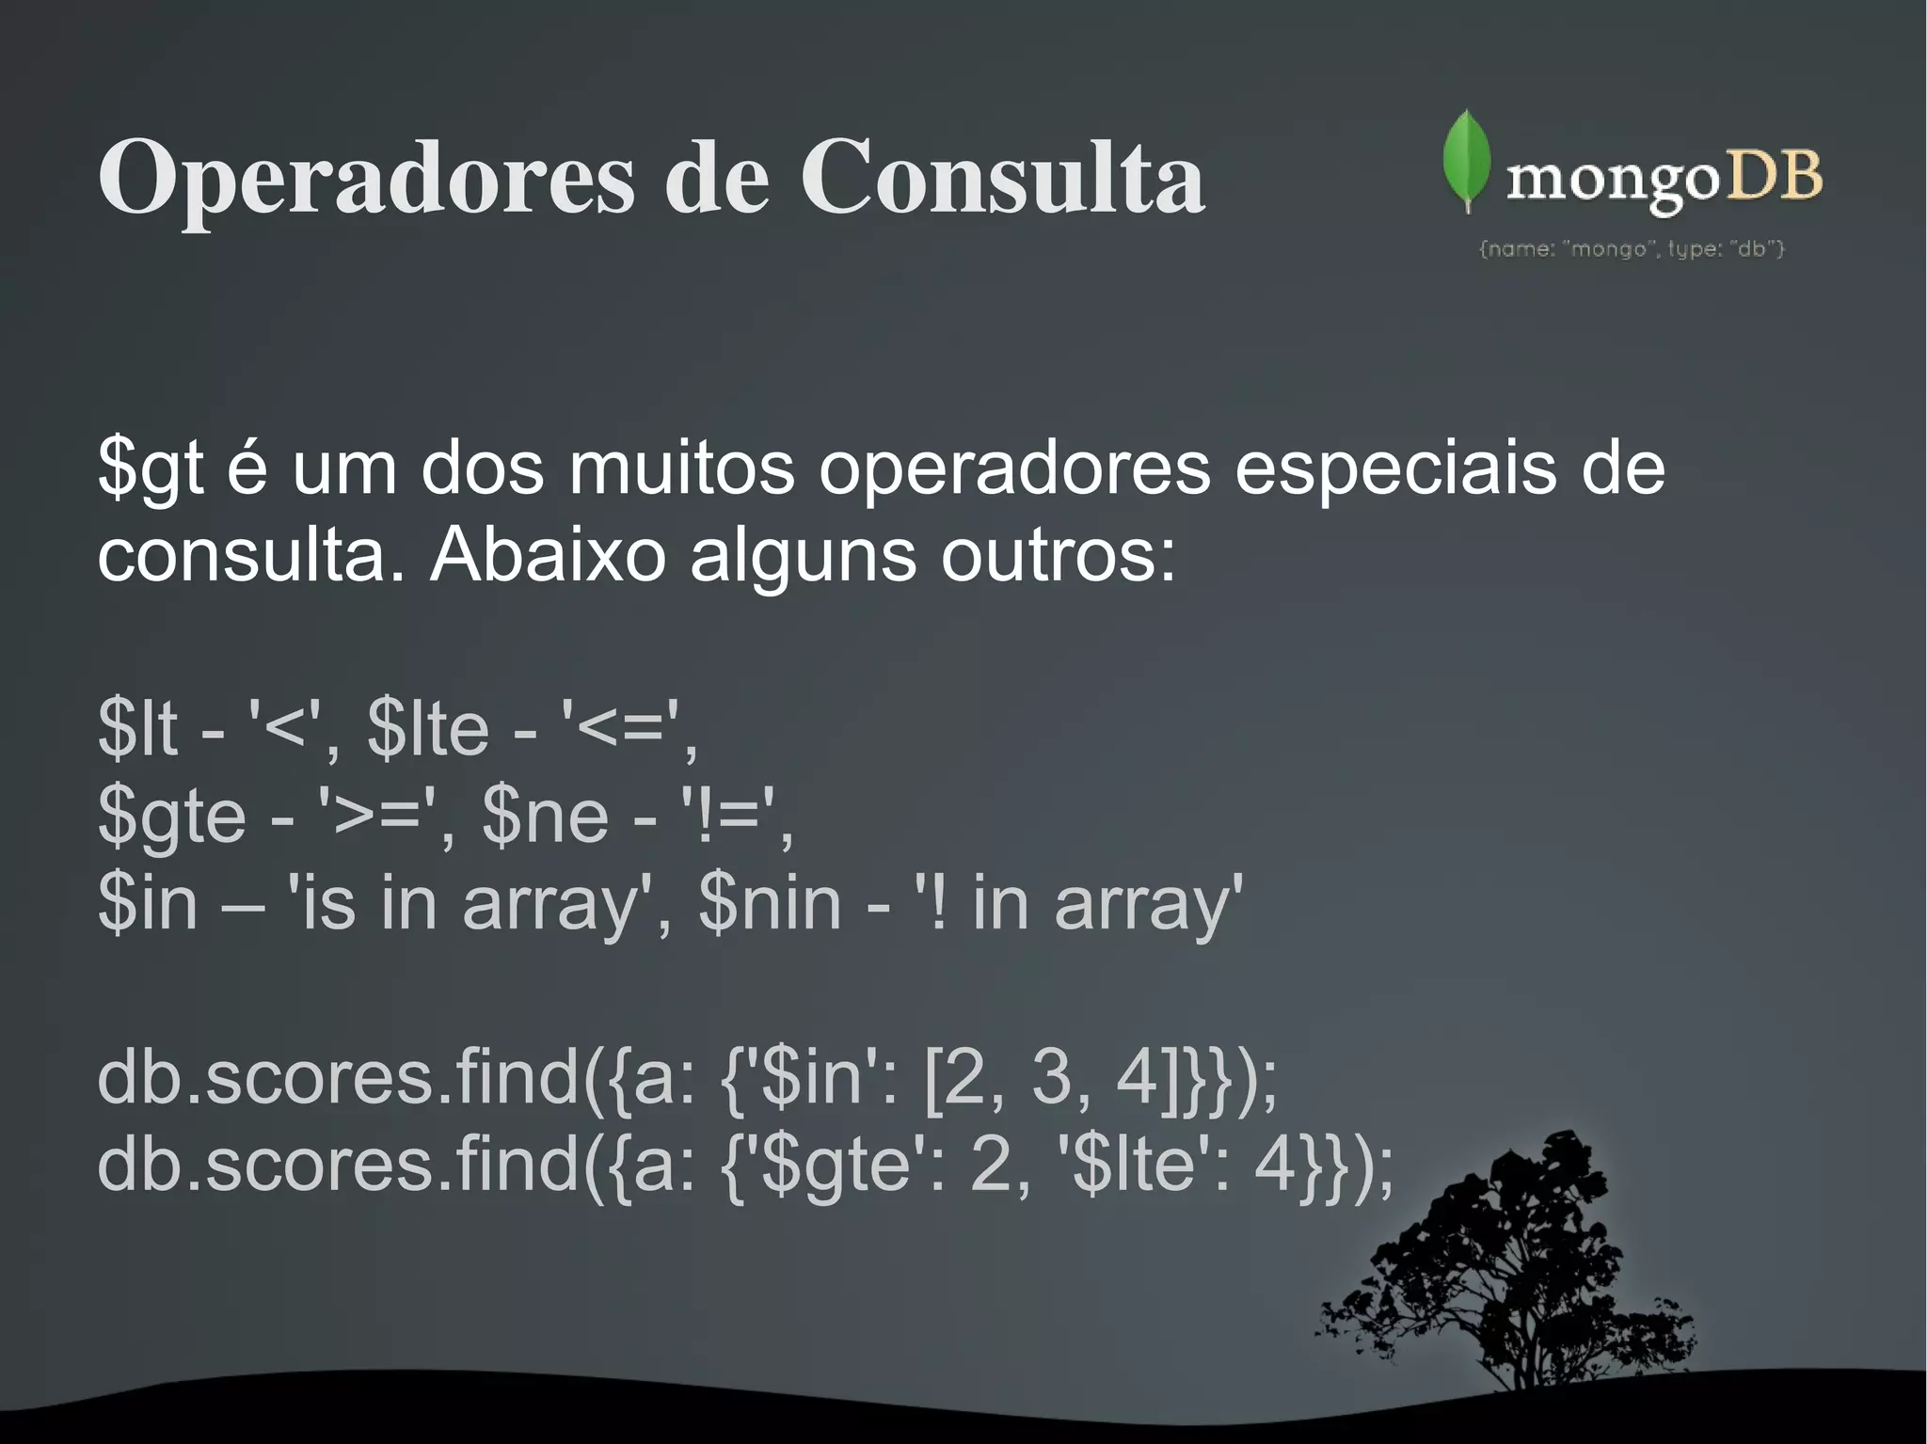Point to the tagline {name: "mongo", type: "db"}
click(1632, 249)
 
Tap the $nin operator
click(770, 902)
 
